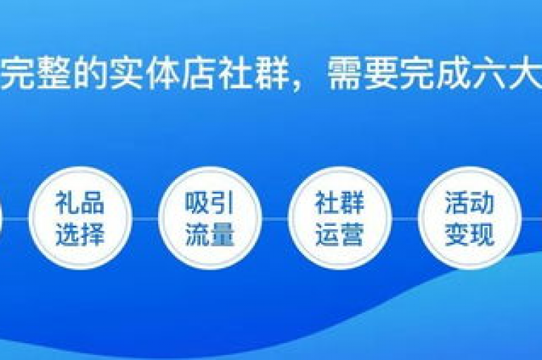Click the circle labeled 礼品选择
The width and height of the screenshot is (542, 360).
coord(80,218)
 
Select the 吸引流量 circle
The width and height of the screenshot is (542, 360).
coord(210,218)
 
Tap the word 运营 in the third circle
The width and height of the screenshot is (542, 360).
coord(339,234)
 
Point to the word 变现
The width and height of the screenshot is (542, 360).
coord(469,234)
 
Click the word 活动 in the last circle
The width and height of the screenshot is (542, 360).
coord(469,203)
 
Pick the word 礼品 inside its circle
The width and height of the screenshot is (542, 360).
coord(80,203)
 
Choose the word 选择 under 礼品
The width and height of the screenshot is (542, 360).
coord(80,234)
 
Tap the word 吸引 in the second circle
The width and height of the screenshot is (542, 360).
coord(210,203)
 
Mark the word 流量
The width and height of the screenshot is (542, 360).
coord(210,234)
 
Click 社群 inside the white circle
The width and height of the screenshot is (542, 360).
coord(339,203)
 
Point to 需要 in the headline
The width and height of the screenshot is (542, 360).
coord(363,73)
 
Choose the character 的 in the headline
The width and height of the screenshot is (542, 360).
coord(91,73)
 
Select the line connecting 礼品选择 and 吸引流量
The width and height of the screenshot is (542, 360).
coord(145,219)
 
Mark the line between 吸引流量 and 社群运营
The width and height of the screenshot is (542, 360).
coord(275,219)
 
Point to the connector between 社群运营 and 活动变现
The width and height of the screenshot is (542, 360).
coord(405,219)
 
